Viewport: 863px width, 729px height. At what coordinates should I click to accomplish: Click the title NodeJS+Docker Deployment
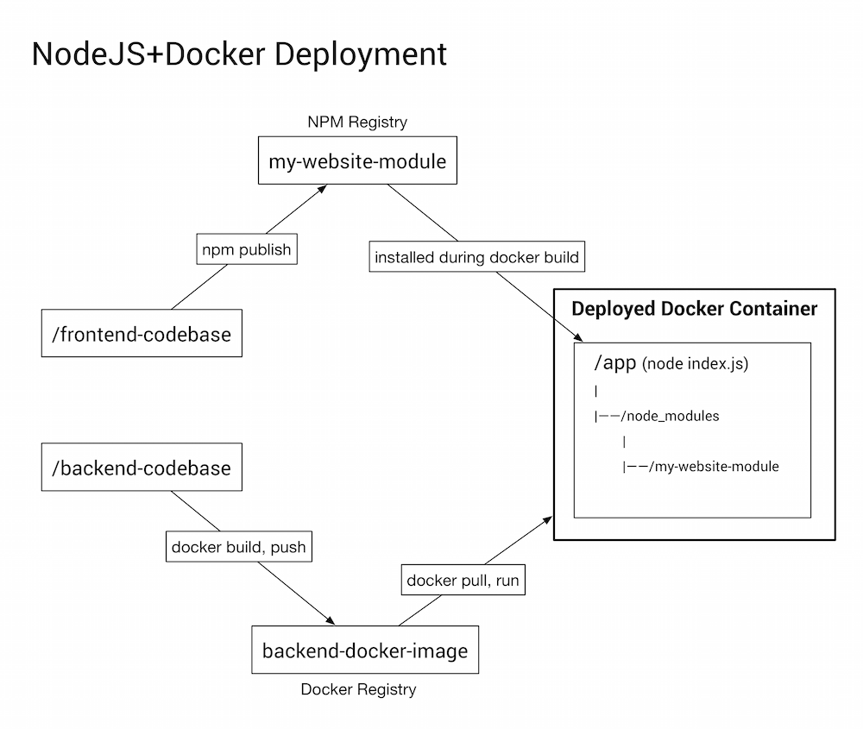239,53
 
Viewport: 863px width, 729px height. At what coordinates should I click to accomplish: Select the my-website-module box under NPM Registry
357,161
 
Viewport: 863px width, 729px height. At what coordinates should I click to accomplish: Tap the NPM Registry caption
357,122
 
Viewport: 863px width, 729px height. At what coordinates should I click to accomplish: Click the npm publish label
246,250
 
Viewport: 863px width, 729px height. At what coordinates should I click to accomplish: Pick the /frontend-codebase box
142,334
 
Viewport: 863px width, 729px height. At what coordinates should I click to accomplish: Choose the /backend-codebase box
142,468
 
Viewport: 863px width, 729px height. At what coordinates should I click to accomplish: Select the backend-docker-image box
364,650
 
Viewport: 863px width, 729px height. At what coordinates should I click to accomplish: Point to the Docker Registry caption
358,689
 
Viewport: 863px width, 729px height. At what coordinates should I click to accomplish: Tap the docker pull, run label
463,580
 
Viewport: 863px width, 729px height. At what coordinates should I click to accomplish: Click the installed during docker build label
476,257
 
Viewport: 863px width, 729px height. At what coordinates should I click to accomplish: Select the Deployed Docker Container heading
694,309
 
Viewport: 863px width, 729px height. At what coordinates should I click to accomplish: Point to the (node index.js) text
695,364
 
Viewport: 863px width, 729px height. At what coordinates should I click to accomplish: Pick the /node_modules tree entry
670,416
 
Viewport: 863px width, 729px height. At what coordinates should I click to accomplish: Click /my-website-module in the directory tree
714,467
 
